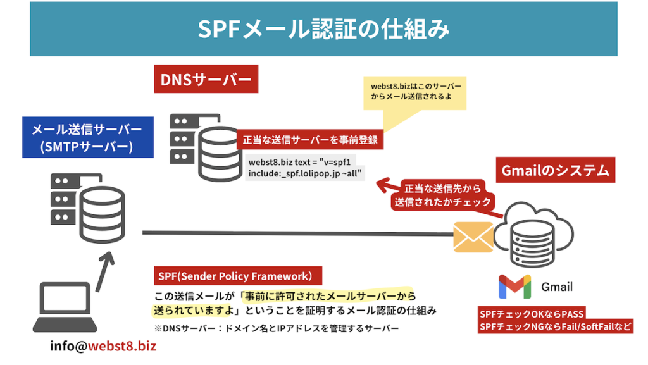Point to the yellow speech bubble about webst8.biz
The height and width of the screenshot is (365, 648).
415,92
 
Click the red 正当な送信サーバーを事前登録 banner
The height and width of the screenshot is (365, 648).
310,140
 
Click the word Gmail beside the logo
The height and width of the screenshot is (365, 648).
556,287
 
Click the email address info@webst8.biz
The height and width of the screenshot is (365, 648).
103,346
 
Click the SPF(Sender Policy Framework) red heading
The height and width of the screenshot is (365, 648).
238,276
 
